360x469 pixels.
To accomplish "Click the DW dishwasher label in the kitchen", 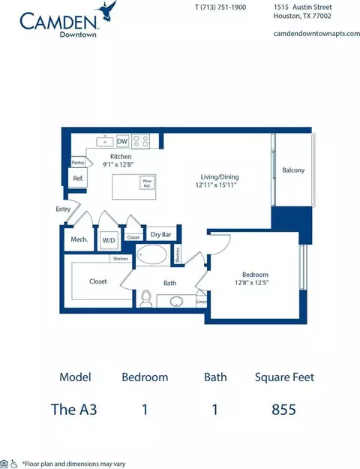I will click(122, 141).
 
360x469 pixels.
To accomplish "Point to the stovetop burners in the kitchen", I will click(140, 140).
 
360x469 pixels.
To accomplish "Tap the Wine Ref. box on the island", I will click(146, 182).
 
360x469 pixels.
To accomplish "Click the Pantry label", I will click(77, 162).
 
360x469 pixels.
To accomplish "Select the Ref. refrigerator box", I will click(77, 178).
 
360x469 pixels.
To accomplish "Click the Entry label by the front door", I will click(62, 210).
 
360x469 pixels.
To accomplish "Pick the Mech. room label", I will click(79, 240).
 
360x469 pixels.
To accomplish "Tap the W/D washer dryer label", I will click(109, 240).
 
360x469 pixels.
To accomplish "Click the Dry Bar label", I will click(160, 235).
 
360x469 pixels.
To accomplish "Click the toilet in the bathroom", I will click(145, 299).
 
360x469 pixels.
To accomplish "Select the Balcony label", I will click(293, 170).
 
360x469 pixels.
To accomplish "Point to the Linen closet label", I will click(201, 302).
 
